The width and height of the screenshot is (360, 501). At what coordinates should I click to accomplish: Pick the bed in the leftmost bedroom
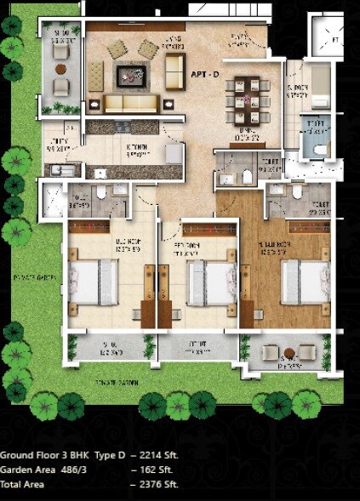(x=93, y=280)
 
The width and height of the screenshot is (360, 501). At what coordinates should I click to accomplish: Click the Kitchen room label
(x=135, y=150)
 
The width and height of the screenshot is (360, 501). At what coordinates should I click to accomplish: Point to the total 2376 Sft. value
(x=157, y=484)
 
